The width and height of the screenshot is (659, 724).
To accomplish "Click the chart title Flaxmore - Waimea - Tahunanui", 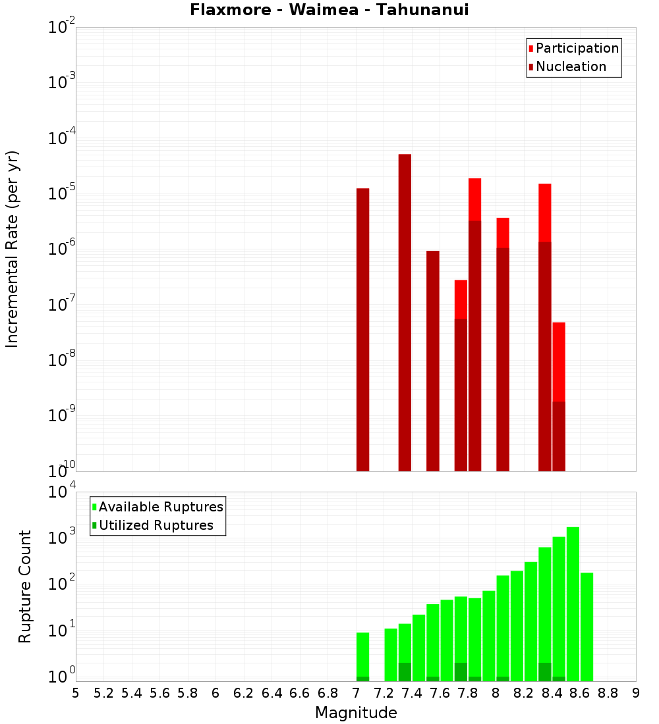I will (x=329, y=10).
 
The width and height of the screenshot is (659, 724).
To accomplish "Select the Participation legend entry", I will (x=577, y=48).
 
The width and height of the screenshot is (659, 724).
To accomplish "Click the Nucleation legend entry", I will (x=570, y=66).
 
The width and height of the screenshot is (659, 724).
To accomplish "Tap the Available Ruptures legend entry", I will (x=160, y=507).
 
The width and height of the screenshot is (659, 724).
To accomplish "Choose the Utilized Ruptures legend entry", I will (x=156, y=525).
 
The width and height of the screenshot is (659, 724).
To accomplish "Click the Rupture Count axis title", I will (x=25, y=586).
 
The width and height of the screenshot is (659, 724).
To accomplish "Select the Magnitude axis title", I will (x=356, y=713).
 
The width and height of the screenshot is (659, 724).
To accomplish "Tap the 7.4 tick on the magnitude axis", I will (x=412, y=693).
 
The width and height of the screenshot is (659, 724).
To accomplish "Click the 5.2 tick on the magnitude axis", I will (x=103, y=693).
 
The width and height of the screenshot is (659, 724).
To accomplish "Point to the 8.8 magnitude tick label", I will (x=608, y=693).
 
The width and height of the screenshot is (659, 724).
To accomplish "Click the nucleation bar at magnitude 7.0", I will (x=362, y=329).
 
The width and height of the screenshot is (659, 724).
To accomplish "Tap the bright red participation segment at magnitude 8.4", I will (x=559, y=362).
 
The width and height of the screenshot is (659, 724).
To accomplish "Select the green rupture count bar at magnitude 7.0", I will (x=362, y=654).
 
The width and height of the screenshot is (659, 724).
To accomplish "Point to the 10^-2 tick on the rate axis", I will (x=62, y=28).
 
